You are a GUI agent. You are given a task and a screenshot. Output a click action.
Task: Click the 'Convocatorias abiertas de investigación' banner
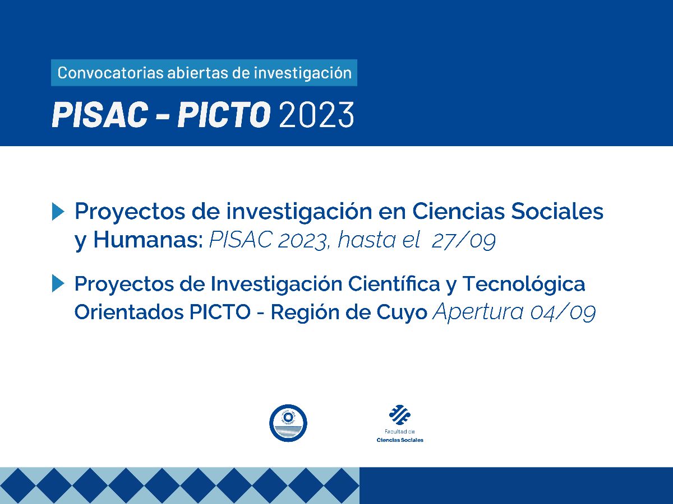pyautogui.click(x=204, y=73)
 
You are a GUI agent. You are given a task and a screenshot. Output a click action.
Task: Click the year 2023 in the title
pyautogui.click(x=316, y=114)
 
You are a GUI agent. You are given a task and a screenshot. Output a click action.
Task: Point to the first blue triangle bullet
pyautogui.click(x=58, y=212)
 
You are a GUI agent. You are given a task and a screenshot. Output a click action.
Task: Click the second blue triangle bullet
pyautogui.click(x=58, y=284)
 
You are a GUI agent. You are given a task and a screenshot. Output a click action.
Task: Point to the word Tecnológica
pyautogui.click(x=523, y=284)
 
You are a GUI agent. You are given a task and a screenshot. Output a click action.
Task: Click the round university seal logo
pyautogui.click(x=288, y=423)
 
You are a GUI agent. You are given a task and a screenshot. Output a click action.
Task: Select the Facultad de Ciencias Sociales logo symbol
pyautogui.click(x=400, y=415)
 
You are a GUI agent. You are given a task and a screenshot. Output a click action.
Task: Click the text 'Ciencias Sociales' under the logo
pyautogui.click(x=400, y=440)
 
